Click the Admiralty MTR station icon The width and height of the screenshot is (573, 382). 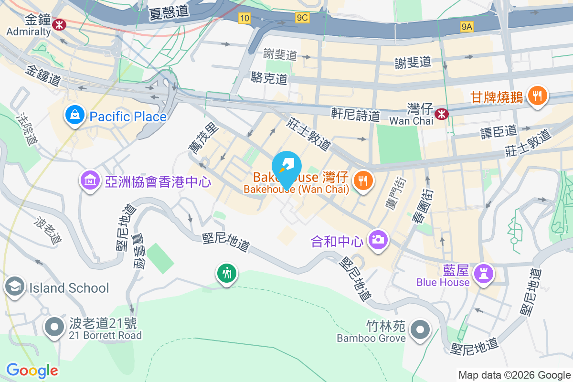tap(60, 24)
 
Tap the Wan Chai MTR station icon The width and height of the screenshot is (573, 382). tap(442, 114)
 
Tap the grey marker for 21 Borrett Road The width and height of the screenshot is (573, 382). tap(54, 328)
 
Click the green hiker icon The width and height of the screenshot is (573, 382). tap(227, 273)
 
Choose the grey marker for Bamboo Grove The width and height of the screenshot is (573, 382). tap(420, 329)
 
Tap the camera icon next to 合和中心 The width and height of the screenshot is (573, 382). tap(378, 240)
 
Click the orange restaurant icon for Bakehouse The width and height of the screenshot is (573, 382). tap(363, 180)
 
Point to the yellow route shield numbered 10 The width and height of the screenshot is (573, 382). tap(244, 18)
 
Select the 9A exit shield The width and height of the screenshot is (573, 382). tap(467, 27)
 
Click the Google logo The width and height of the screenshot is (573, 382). tap(32, 370)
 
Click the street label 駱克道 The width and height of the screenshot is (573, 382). tap(269, 78)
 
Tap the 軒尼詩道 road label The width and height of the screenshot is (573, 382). tap(356, 115)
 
